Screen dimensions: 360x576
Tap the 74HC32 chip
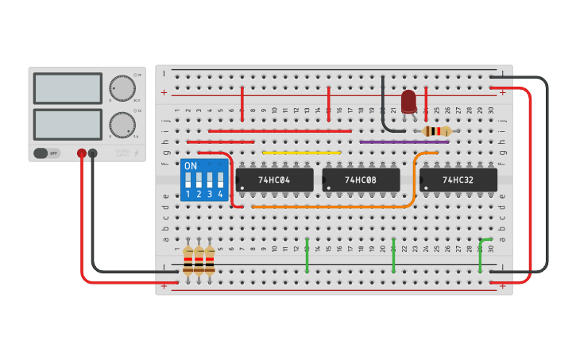click(458, 180)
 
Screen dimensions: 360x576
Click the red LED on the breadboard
click(408, 102)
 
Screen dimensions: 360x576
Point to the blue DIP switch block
click(203, 180)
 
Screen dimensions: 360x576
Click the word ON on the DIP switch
click(191, 166)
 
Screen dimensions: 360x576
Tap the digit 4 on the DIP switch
click(220, 194)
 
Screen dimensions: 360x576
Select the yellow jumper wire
click(302, 153)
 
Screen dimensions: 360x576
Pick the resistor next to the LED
click(436, 131)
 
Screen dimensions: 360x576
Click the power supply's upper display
click(68, 88)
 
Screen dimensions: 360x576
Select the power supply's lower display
click(68, 125)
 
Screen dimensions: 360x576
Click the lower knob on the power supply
click(122, 125)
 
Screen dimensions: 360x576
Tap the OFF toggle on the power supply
click(46, 153)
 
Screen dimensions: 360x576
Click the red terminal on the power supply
click(81, 153)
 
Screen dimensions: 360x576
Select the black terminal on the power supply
click(93, 153)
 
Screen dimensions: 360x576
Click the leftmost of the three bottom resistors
click(188, 261)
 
